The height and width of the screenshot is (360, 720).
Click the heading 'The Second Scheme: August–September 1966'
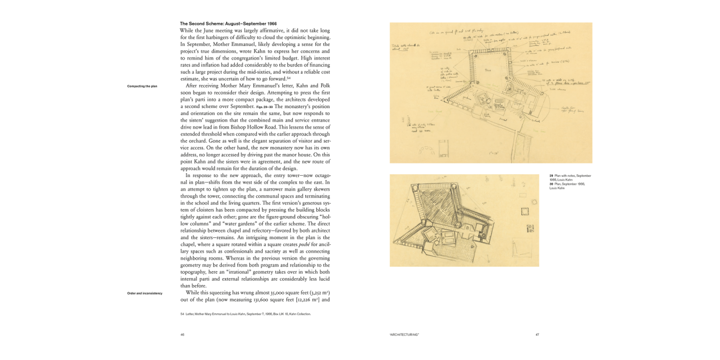(x=228, y=24)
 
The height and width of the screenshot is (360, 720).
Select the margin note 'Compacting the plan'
(x=142, y=86)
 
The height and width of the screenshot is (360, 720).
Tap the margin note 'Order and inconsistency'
(x=144, y=293)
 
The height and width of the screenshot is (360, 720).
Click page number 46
(x=182, y=335)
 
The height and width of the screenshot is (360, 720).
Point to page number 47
(x=537, y=335)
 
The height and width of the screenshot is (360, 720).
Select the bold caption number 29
(x=551, y=176)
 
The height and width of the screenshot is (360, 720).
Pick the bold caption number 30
(x=551, y=184)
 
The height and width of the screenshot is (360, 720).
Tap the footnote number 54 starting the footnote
(x=182, y=314)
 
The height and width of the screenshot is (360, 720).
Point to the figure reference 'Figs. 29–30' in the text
(x=264, y=107)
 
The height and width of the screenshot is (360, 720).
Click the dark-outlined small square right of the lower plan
(x=525, y=212)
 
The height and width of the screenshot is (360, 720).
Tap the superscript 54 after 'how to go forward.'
(x=289, y=78)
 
